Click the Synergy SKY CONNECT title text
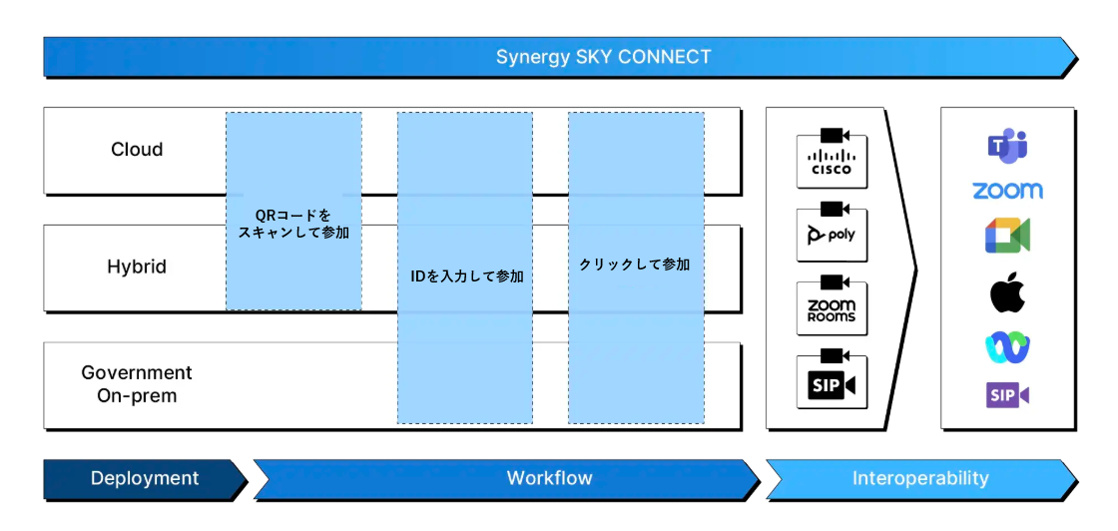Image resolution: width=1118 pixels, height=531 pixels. pyautogui.click(x=603, y=57)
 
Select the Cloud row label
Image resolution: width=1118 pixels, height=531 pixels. pyautogui.click(x=137, y=150)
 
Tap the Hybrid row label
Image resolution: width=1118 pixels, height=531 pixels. pyautogui.click(x=137, y=267)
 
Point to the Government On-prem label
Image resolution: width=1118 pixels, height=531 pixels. pyautogui.click(x=137, y=384)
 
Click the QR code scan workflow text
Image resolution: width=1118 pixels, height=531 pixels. pyautogui.click(x=293, y=224)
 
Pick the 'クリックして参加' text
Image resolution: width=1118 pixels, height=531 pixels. pyautogui.click(x=635, y=265)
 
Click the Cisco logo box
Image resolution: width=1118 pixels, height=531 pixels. pyautogui.click(x=832, y=163)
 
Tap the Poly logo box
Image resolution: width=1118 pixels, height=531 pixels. pyautogui.click(x=832, y=236)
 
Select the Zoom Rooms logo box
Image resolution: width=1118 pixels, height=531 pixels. pyautogui.click(x=832, y=309)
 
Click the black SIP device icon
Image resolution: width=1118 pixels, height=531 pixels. pyautogui.click(x=832, y=383)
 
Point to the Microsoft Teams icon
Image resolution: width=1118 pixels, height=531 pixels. pyautogui.click(x=1007, y=146)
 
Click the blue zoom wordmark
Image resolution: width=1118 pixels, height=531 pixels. pyautogui.click(x=1007, y=191)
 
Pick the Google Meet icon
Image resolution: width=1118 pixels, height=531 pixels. pyautogui.click(x=1007, y=235)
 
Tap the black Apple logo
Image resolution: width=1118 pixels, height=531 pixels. pyautogui.click(x=1007, y=294)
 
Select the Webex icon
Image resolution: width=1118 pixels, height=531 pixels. pyautogui.click(x=1007, y=346)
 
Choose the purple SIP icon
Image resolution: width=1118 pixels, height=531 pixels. pyautogui.click(x=1007, y=395)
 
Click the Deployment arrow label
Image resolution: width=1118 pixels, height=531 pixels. pyautogui.click(x=145, y=478)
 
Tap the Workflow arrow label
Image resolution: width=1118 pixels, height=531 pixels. pyautogui.click(x=549, y=478)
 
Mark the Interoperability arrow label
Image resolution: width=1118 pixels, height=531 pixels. pyautogui.click(x=919, y=478)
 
